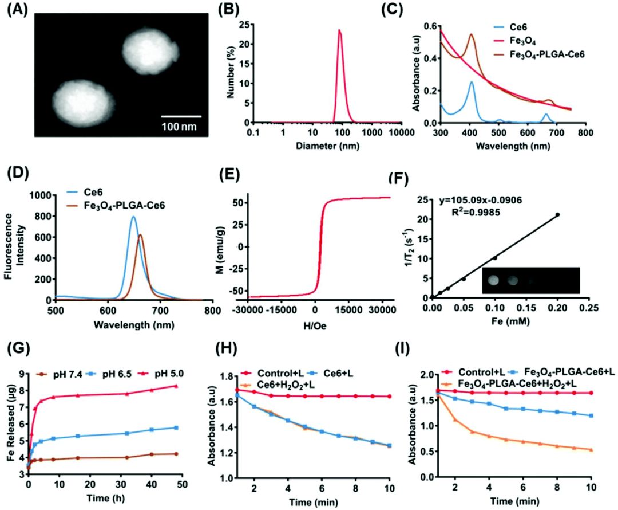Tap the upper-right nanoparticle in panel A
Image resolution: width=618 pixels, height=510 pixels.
pyautogui.click(x=148, y=52)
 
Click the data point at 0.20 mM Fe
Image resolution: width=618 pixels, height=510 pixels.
pyautogui.click(x=557, y=215)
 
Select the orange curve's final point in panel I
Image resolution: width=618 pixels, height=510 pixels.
pyautogui.click(x=590, y=450)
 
